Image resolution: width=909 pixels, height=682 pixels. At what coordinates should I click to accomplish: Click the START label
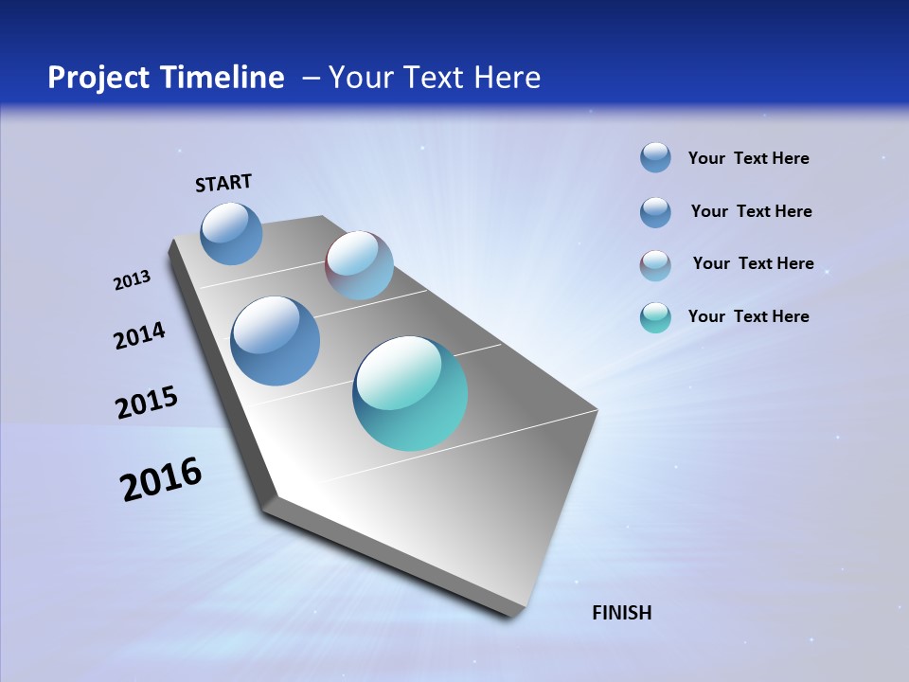(x=223, y=183)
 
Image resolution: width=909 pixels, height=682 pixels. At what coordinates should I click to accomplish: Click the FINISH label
(x=621, y=613)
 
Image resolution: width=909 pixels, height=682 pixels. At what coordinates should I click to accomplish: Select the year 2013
(x=132, y=280)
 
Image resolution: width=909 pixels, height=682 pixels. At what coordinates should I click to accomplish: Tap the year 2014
(x=139, y=335)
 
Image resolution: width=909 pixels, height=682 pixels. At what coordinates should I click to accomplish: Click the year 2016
(x=161, y=479)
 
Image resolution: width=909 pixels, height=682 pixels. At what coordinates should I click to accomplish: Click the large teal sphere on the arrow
(x=410, y=393)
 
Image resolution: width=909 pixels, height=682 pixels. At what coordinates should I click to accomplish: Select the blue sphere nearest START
(x=231, y=233)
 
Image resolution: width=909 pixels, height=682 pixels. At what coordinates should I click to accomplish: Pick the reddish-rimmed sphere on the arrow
(x=359, y=265)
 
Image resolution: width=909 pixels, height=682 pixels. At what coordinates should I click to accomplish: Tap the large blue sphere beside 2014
(x=275, y=341)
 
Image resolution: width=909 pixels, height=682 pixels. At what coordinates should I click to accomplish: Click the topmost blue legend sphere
(x=655, y=157)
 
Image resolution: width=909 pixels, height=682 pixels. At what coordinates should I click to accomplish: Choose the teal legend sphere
(x=655, y=317)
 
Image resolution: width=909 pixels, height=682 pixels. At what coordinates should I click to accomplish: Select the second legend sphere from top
(x=655, y=212)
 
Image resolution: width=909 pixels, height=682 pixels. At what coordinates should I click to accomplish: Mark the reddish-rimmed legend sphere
(x=655, y=265)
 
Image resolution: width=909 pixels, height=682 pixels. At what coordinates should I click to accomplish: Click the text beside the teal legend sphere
(x=748, y=316)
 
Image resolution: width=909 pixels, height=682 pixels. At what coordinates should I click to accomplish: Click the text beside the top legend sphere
(x=748, y=158)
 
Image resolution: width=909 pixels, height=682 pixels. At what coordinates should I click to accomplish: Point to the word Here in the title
(x=508, y=78)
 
